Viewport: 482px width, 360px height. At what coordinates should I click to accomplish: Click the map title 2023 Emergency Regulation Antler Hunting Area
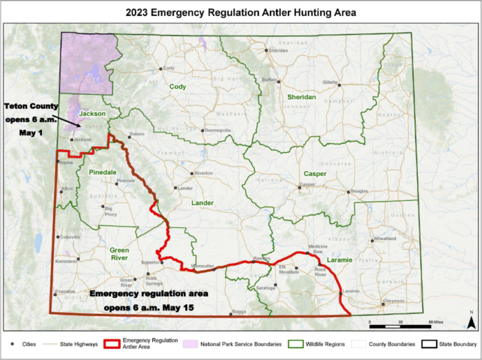(x=241, y=12)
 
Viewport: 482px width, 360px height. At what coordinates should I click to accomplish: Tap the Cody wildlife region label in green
(x=178, y=87)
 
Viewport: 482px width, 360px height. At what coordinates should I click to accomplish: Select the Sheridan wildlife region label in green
(x=301, y=98)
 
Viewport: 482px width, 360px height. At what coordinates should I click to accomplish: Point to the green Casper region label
(x=315, y=173)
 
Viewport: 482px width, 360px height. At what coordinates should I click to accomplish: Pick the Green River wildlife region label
(x=119, y=254)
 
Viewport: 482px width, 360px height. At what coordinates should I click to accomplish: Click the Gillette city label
(x=331, y=82)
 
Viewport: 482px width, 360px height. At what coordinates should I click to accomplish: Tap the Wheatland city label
(x=385, y=239)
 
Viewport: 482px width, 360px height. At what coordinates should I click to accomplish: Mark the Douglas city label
(x=359, y=191)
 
